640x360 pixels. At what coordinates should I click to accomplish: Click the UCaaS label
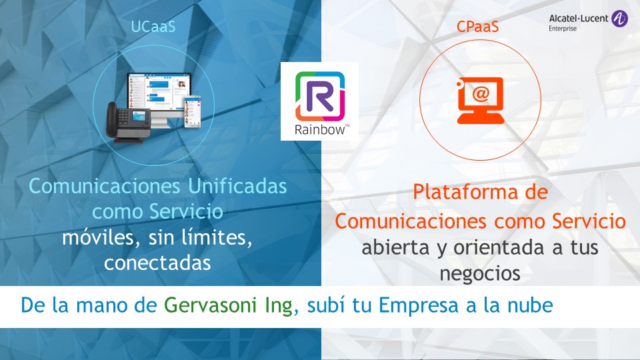[153, 27]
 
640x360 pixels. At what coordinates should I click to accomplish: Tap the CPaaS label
[477, 27]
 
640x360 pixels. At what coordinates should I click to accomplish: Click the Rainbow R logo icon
[320, 96]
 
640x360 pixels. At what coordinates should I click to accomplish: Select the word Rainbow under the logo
[320, 130]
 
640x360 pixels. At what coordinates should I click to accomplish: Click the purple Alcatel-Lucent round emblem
[619, 19]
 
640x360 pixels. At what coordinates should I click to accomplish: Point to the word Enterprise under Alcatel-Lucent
[563, 29]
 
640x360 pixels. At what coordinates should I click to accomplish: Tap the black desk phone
[128, 123]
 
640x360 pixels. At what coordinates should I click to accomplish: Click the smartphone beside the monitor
[192, 111]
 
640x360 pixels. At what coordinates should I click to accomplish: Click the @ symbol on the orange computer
[481, 94]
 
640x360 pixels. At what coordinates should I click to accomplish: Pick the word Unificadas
[237, 186]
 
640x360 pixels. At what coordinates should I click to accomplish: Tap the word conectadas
[157, 263]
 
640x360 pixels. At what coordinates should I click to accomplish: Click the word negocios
[479, 273]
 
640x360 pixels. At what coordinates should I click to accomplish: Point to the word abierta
[395, 247]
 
